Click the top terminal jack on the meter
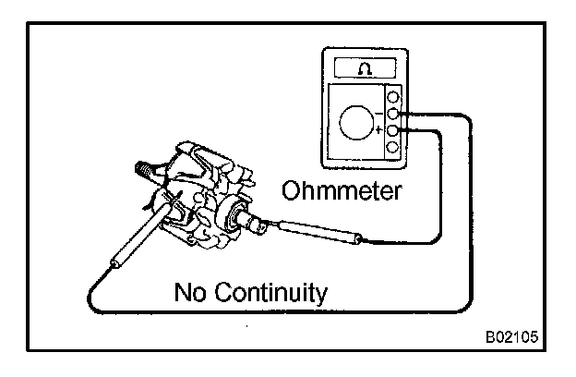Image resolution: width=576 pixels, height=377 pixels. pyautogui.click(x=394, y=97)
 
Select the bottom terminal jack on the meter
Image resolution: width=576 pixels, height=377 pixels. pyautogui.click(x=394, y=148)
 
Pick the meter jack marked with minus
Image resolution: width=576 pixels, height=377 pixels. pyautogui.click(x=394, y=114)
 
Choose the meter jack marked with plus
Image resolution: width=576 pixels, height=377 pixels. pyautogui.click(x=394, y=131)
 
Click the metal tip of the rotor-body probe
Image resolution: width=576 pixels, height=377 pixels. pyautogui.click(x=171, y=201)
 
